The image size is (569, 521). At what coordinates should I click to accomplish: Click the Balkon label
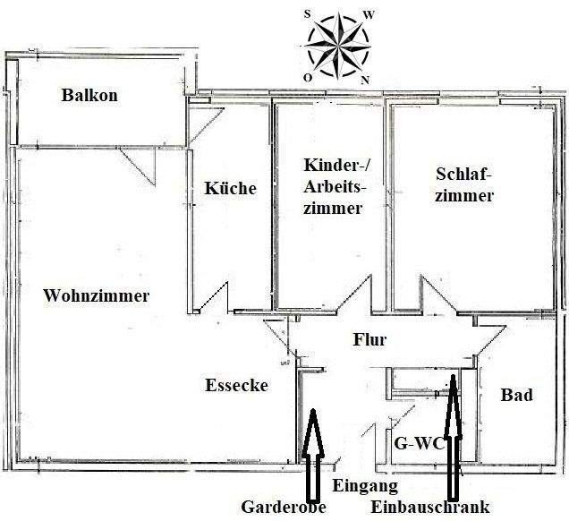(89, 95)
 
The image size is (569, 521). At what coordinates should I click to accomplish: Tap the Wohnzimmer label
(97, 295)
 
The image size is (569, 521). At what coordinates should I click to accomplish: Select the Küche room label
(231, 188)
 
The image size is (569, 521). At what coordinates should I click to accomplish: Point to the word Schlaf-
(463, 174)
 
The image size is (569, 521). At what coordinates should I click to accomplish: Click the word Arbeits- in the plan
(335, 187)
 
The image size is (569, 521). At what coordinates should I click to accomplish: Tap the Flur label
(369, 340)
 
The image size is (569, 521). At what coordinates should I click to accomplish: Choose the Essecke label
(236, 385)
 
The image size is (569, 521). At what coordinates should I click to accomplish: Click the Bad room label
(517, 395)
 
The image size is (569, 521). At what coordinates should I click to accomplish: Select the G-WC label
(420, 443)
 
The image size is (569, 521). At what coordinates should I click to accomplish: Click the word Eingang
(365, 486)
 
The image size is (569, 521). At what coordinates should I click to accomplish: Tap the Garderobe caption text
(284, 507)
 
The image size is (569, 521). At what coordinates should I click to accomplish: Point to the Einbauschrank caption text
(430, 507)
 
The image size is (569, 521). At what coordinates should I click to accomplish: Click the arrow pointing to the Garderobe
(313, 454)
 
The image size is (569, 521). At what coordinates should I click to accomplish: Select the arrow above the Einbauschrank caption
(453, 437)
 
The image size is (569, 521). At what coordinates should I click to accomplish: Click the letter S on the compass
(308, 14)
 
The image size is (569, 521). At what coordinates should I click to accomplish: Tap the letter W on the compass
(369, 15)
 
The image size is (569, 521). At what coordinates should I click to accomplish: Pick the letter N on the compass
(365, 80)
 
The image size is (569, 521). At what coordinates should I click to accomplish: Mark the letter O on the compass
(308, 78)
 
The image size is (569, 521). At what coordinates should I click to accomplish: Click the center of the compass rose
(338, 46)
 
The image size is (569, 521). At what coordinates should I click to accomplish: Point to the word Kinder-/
(336, 166)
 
